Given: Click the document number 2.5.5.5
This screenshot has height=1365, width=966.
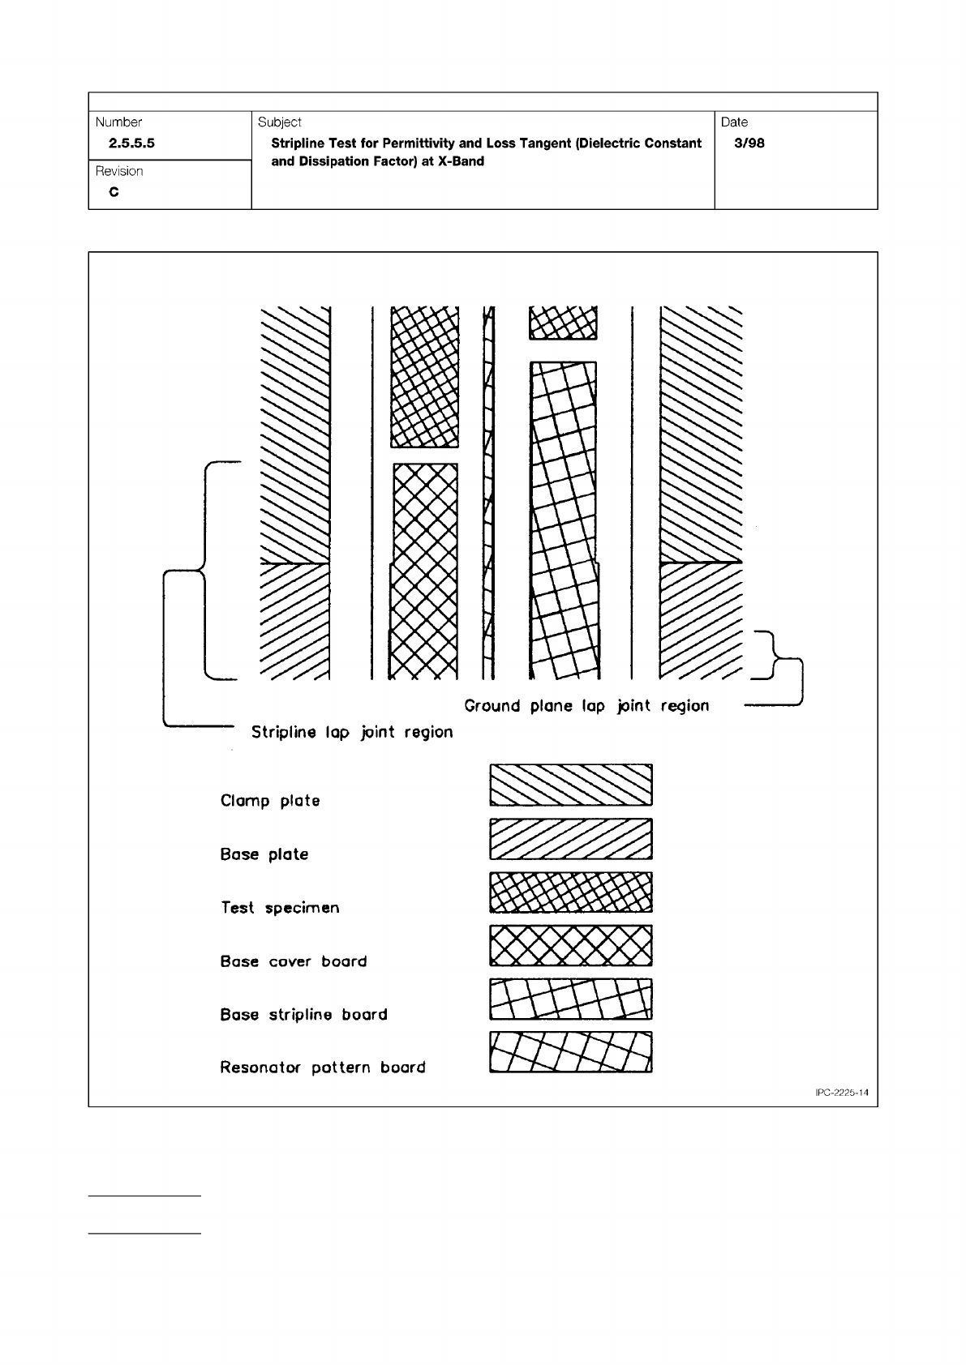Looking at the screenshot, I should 126,143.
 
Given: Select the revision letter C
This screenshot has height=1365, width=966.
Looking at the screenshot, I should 114,193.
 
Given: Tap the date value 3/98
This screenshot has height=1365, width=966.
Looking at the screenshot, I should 749,143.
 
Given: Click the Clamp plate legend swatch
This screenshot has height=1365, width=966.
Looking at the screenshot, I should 571,785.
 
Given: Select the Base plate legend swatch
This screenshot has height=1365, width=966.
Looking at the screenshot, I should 571,839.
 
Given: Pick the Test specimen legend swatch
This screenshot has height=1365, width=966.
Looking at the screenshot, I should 571,892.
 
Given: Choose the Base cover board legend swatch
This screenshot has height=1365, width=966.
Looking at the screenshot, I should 571,946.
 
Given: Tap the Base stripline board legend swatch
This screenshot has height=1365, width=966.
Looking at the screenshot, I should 571,999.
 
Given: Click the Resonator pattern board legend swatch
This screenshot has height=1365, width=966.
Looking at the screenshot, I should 571,1052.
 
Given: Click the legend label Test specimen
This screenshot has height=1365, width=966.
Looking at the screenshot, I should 280,908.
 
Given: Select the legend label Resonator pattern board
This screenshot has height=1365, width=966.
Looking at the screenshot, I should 323,1068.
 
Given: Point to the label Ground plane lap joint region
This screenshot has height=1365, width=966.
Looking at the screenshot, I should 586,706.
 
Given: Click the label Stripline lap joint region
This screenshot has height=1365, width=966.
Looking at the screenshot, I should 352,732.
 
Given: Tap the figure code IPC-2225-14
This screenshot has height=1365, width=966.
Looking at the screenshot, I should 842,1093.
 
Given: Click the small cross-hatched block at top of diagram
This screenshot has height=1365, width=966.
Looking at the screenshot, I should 563,323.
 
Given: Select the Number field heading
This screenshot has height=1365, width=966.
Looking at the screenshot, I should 118,122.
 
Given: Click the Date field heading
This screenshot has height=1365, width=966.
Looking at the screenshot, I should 734,122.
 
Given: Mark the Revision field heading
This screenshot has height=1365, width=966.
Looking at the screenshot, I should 119,171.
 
